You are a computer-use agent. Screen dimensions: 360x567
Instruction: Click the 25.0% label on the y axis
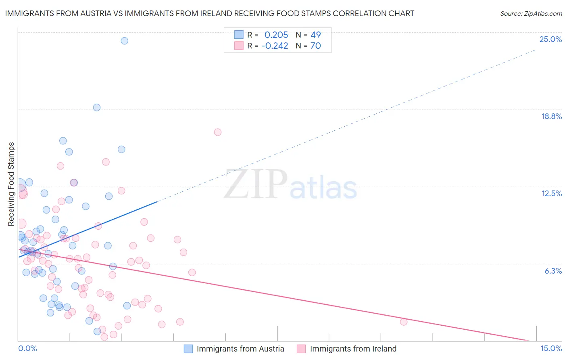pyautogui.click(x=550, y=39)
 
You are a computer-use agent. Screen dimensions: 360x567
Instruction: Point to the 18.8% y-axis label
pyautogui.click(x=551, y=116)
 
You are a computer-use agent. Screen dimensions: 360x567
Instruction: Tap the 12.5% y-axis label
pyautogui.click(x=551, y=193)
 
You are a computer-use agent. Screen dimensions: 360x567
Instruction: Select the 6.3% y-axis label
pyautogui.click(x=553, y=271)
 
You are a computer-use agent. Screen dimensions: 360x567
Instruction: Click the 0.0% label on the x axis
pyautogui.click(x=27, y=348)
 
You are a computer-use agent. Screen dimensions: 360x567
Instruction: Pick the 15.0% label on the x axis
pyautogui.click(x=551, y=348)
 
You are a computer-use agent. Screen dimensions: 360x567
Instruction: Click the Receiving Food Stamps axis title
pyautogui.click(x=11, y=184)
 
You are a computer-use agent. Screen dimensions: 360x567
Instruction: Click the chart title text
pyautogui.click(x=209, y=13)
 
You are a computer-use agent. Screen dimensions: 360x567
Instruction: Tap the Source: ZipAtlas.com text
pyautogui.click(x=531, y=14)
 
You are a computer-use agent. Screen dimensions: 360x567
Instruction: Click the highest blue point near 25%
pyautogui.click(x=125, y=41)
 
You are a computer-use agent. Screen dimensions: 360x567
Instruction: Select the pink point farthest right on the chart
pyautogui.click(x=404, y=322)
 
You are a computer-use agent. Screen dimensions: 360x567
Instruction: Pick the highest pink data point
pyautogui.click(x=218, y=132)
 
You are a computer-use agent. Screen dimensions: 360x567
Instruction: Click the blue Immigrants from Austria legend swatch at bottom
pyautogui.click(x=188, y=349)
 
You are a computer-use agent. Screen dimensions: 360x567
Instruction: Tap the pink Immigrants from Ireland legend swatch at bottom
pyautogui.click(x=301, y=349)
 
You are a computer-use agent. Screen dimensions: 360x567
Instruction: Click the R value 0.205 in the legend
pyautogui.click(x=276, y=35)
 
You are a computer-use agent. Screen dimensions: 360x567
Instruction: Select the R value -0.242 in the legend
pyautogui.click(x=275, y=46)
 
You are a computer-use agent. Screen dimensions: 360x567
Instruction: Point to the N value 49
pyautogui.click(x=315, y=35)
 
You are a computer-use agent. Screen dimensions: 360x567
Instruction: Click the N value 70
pyautogui.click(x=315, y=46)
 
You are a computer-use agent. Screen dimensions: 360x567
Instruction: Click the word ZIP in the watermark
pyautogui.click(x=255, y=184)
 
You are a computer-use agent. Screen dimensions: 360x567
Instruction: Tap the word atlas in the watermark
pyautogui.click(x=323, y=188)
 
